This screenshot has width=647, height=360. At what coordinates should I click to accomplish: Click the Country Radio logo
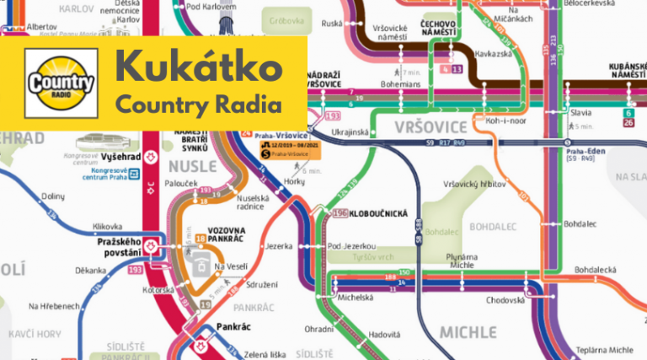pyautogui.click(x=61, y=83)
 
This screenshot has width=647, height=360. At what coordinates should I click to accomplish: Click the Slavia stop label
pyautogui.click(x=580, y=112)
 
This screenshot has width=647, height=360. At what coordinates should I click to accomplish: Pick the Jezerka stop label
pyautogui.click(x=278, y=246)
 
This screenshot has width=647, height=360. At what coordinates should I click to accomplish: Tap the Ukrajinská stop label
pyautogui.click(x=350, y=132)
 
